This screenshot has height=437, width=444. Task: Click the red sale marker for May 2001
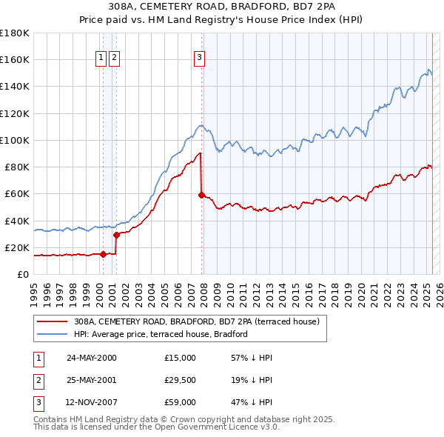pos(116,235)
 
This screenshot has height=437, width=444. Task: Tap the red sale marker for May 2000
pos(103,254)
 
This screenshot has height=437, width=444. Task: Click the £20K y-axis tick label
pos(17,247)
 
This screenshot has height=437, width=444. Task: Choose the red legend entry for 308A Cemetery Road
pos(196,321)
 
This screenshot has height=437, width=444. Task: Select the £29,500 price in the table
pos(181,381)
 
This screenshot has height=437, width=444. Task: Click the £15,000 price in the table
pos(181,358)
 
